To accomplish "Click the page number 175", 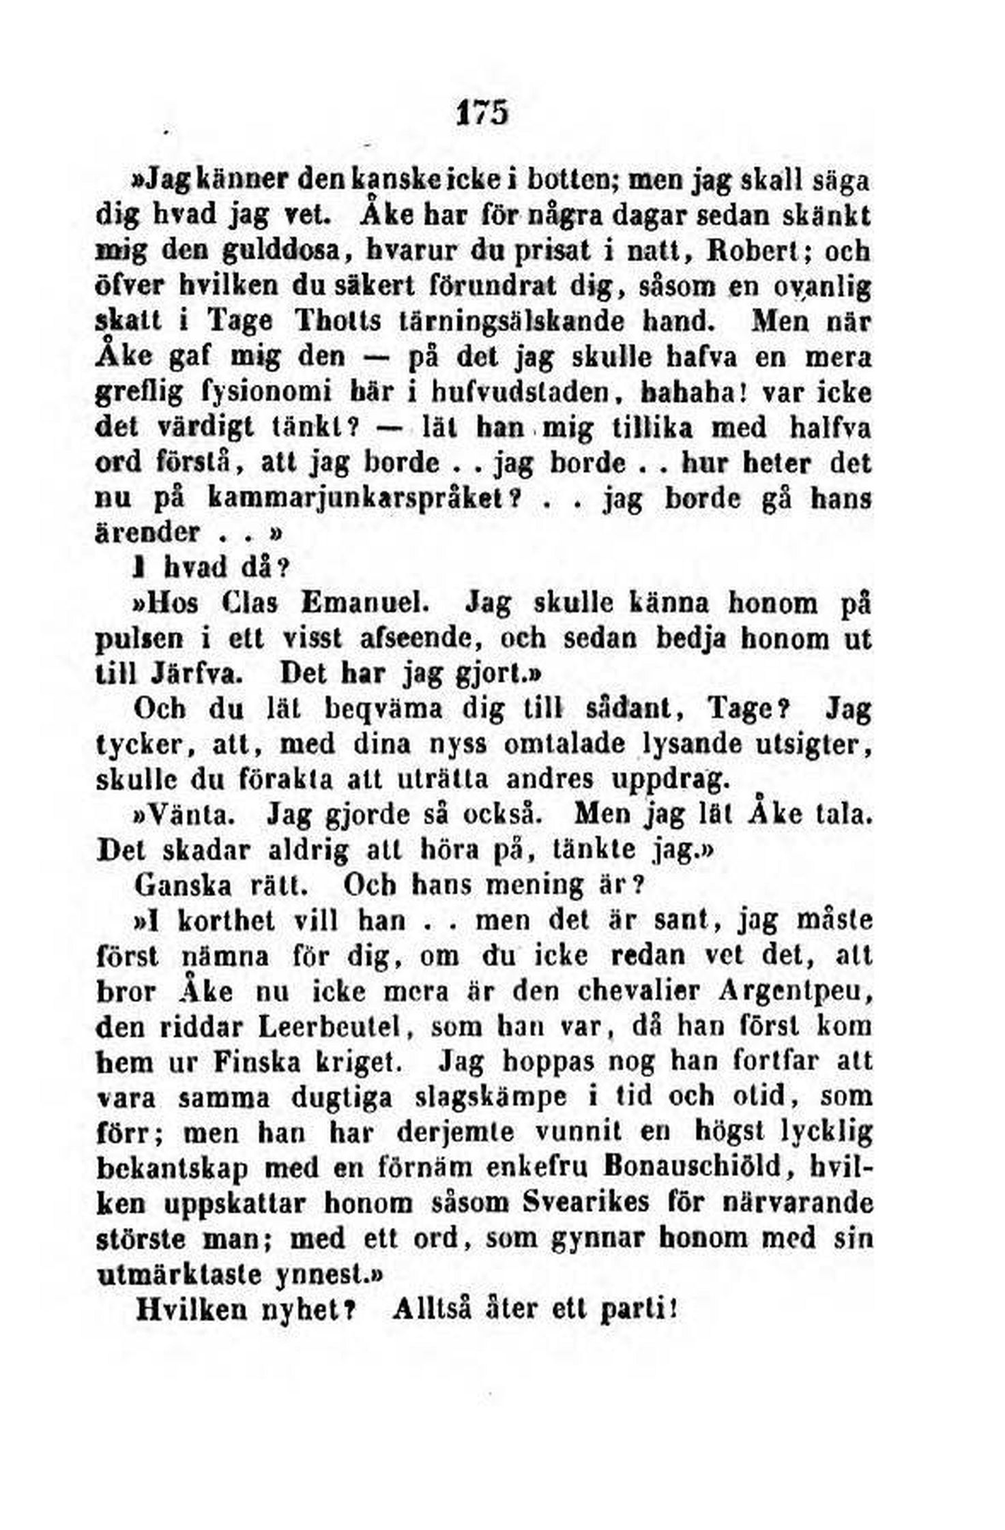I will (x=482, y=113).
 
